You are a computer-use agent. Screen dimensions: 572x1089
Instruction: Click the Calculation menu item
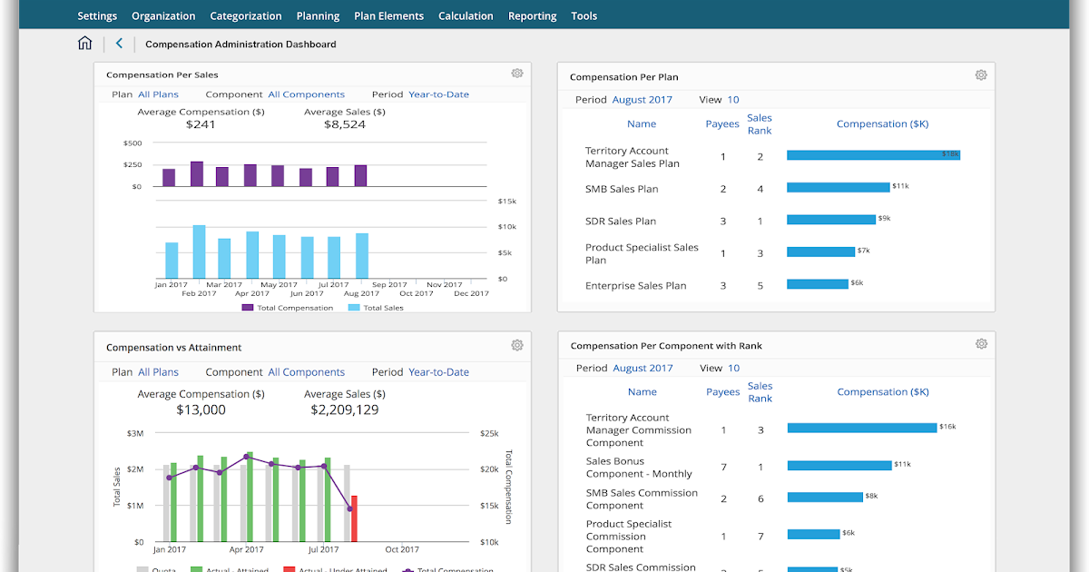click(466, 15)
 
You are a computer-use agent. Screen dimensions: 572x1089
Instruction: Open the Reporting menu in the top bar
click(532, 15)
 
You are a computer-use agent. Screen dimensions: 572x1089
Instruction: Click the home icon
click(84, 44)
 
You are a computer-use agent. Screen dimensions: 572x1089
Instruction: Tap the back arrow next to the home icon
click(119, 44)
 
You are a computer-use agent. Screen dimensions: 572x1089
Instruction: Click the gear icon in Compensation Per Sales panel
click(516, 74)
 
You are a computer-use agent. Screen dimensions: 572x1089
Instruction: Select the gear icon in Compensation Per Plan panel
click(980, 75)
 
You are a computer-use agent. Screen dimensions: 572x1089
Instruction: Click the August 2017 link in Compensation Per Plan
click(643, 100)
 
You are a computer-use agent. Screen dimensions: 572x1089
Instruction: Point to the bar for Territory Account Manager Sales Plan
click(872, 155)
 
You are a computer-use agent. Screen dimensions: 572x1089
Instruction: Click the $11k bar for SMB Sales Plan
click(838, 187)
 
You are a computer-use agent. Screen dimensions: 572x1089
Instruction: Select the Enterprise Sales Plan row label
click(635, 285)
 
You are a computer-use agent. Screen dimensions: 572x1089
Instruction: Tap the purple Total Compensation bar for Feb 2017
click(197, 174)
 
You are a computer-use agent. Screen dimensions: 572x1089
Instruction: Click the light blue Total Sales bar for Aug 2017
click(362, 255)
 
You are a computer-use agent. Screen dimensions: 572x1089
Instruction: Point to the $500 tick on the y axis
click(132, 143)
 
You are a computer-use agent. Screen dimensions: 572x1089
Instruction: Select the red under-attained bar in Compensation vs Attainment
click(354, 518)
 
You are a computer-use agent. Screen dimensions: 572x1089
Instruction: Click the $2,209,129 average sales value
click(344, 410)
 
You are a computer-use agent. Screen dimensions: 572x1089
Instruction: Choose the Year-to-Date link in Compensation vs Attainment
click(438, 372)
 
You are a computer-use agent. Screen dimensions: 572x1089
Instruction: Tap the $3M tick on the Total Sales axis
click(135, 434)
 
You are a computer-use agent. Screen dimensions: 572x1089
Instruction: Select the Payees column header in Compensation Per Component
click(722, 392)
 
